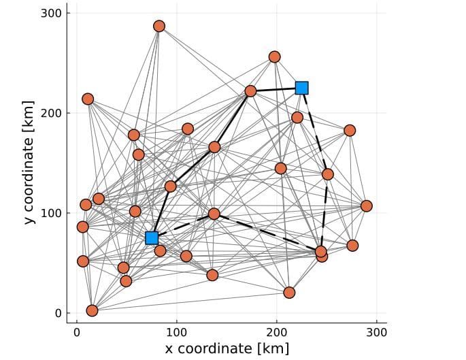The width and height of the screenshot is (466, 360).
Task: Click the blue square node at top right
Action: point(301,88)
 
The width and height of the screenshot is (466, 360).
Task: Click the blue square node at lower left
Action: point(152,238)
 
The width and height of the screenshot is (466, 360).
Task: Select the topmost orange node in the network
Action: point(159,27)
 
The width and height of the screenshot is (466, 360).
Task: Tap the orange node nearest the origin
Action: point(92,310)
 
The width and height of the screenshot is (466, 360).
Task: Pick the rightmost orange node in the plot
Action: point(366,206)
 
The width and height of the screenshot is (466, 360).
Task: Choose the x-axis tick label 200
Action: point(277,333)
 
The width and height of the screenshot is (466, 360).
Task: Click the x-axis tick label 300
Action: point(377,333)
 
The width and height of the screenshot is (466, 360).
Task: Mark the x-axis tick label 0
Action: point(77,333)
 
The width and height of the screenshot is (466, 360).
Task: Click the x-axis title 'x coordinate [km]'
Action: point(227,348)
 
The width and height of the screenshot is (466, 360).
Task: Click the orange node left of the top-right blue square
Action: point(250,91)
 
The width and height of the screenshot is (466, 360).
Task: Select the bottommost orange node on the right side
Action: point(289,293)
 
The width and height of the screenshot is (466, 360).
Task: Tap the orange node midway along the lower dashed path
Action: point(214,214)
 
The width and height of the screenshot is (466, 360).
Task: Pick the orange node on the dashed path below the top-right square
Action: point(327,174)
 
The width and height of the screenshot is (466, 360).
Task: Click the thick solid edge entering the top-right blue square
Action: point(276,89)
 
